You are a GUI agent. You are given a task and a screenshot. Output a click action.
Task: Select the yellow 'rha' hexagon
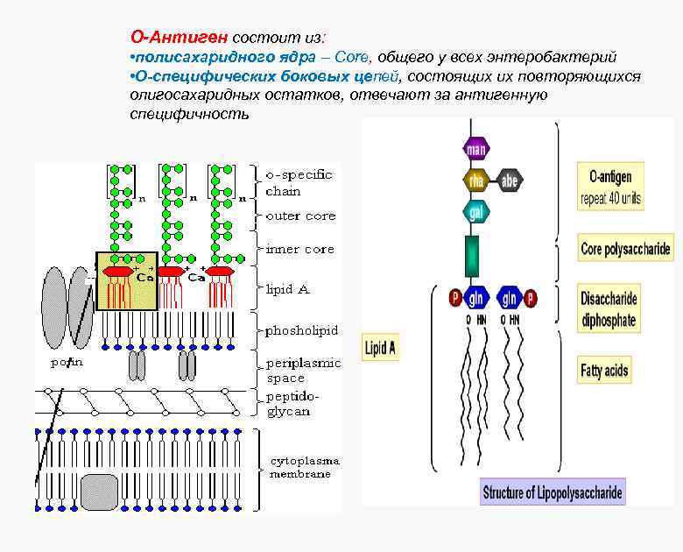pos(475,180)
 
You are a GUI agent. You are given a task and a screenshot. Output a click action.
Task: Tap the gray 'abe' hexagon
pos(510,181)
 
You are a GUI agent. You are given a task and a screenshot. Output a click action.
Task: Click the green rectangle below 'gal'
pos(473,255)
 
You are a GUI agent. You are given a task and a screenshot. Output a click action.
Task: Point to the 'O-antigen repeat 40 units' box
pos(611,185)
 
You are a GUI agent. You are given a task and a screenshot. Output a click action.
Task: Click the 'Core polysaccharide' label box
pos(625,250)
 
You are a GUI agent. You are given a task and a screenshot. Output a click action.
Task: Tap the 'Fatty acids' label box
pos(605,371)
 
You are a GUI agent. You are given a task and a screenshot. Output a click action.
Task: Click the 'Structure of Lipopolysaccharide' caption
pos(553,492)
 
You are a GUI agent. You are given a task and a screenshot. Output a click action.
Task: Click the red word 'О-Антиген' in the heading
pos(180,38)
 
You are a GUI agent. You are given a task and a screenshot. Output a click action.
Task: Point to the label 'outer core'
pos(300,216)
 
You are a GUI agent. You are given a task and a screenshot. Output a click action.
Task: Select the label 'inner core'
pos(300,249)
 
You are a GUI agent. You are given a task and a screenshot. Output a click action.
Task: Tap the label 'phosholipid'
pos(301,330)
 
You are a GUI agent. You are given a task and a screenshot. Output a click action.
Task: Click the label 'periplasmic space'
pos(302,370)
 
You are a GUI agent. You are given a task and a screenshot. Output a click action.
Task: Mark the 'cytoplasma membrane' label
pos(304,467)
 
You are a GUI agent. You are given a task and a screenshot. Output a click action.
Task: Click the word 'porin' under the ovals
pos(67,362)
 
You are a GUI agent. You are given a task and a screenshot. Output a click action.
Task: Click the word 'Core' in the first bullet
pos(354,57)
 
